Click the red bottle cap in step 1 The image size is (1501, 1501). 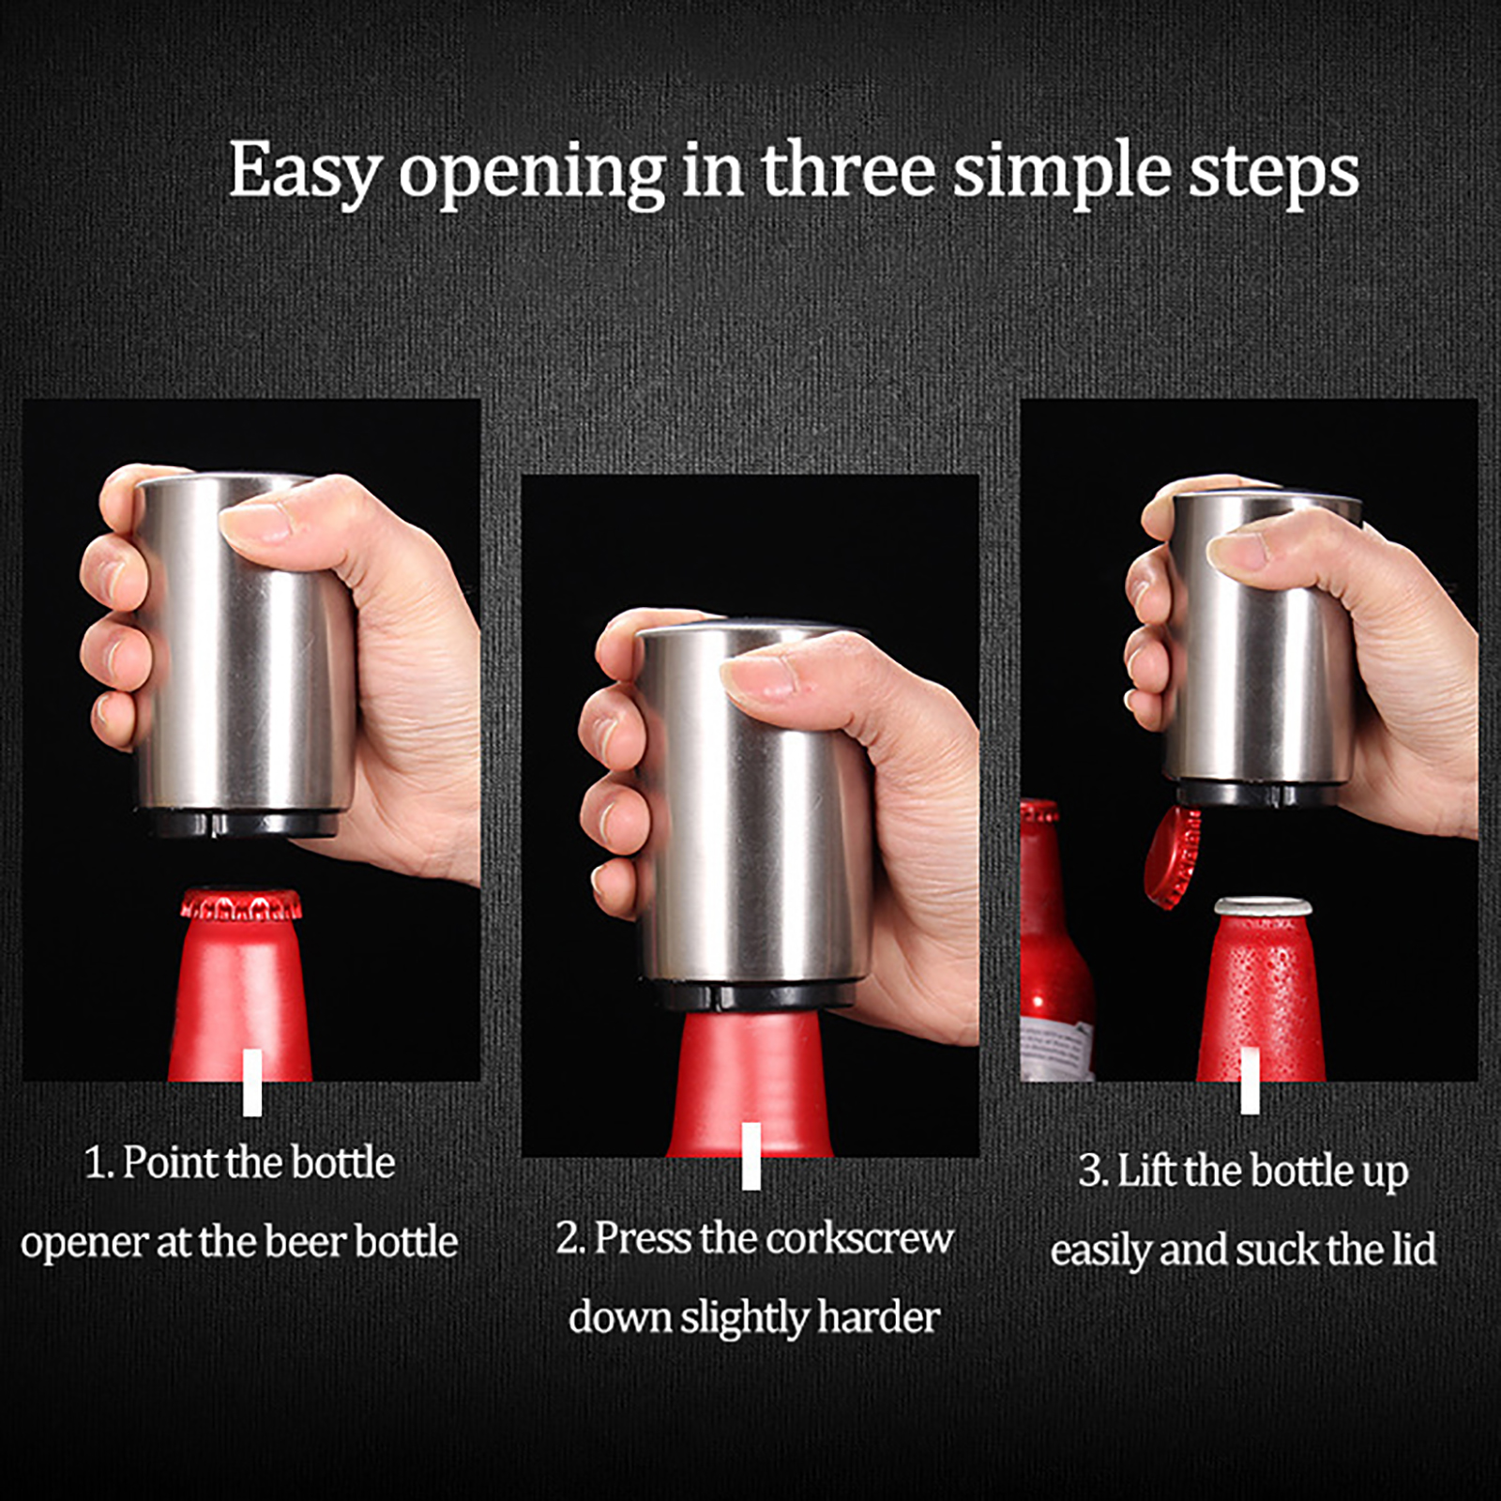[x=241, y=904]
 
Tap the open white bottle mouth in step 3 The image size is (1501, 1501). [x=1263, y=907]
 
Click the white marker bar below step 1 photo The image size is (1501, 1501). [x=252, y=1083]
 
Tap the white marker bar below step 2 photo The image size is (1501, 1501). [x=751, y=1156]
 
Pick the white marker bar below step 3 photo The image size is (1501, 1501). [x=1250, y=1081]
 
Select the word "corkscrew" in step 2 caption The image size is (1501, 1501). [x=860, y=1239]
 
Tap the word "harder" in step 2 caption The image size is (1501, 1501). [x=880, y=1317]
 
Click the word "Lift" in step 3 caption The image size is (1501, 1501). [x=1146, y=1170]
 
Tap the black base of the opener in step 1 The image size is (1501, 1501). [x=239, y=823]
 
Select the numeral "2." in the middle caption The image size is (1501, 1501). [x=570, y=1239]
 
